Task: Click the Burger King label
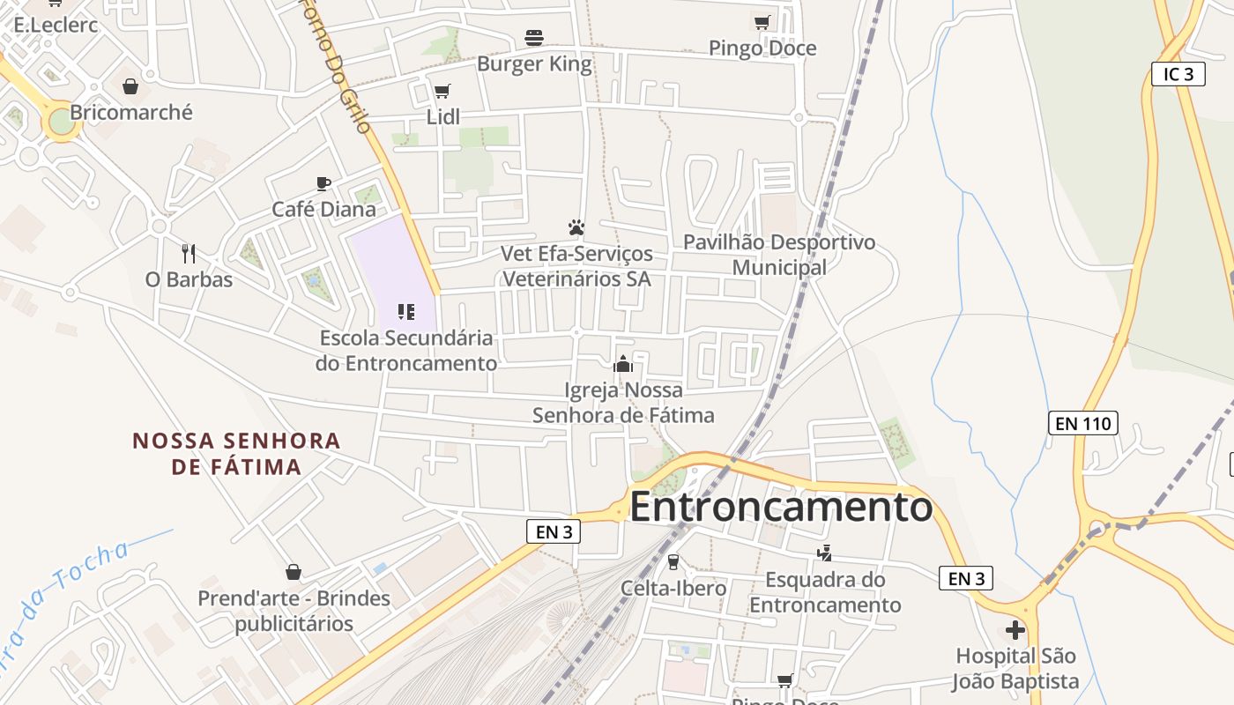[x=534, y=64]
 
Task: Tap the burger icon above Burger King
[x=534, y=38]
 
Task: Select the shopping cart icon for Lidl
[x=442, y=92]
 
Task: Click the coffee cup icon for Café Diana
[x=323, y=183]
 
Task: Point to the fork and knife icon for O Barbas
[x=189, y=254]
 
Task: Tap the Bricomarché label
[x=130, y=113]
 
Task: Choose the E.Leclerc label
[x=56, y=25]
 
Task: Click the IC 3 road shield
[x=1178, y=74]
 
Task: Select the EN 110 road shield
[x=1084, y=423]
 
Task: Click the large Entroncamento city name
[x=781, y=508]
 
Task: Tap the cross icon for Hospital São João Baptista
[x=1015, y=630]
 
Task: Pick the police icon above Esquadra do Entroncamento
[x=825, y=553]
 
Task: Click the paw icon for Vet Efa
[x=576, y=227]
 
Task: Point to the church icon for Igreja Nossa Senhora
[x=623, y=363]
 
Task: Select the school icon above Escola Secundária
[x=406, y=311]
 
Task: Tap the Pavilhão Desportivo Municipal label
[x=779, y=255]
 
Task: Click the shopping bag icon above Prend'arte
[x=294, y=573]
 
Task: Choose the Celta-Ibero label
[x=673, y=588]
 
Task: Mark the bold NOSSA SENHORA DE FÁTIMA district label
[x=236, y=453]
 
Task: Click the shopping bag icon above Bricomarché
[x=130, y=86]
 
